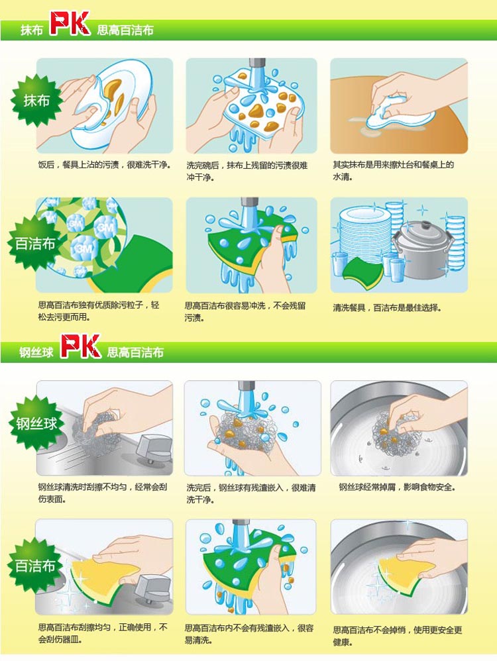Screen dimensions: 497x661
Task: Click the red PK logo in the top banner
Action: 70,23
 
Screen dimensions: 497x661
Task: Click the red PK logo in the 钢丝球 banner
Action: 80,346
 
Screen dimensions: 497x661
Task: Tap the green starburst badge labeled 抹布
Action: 36,100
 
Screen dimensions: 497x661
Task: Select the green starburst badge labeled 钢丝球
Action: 36,423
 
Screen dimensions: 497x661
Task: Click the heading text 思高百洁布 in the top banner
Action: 125,30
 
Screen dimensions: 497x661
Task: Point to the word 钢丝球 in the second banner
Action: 36,352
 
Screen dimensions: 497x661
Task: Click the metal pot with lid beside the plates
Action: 422,249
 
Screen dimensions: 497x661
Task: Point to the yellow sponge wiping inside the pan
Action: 401,574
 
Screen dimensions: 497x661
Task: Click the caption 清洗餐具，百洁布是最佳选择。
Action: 387,308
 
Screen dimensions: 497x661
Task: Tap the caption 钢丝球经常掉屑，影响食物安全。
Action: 397,487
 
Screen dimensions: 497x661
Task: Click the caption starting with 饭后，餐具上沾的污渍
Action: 105,165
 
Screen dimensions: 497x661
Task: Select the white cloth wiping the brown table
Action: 399,113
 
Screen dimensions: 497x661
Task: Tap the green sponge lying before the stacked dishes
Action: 362,273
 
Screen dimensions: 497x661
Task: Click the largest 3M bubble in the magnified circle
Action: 84,248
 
